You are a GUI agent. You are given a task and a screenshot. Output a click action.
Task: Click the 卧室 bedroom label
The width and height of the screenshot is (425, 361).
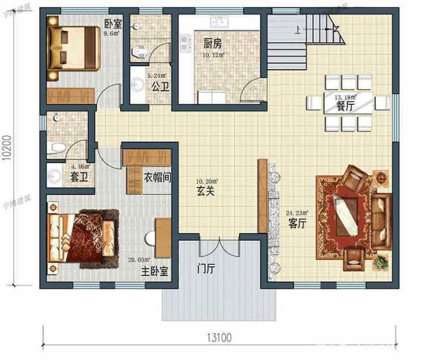pyautogui.click(x=112, y=25)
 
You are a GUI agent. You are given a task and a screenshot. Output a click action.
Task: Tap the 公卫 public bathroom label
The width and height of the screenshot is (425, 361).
pyautogui.click(x=159, y=86)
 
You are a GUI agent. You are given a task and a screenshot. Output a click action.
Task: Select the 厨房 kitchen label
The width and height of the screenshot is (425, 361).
pyautogui.click(x=212, y=44)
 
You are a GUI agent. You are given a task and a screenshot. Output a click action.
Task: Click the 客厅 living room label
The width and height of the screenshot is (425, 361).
pyautogui.click(x=297, y=224)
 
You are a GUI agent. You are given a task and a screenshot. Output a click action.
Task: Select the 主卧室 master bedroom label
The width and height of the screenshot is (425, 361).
pyautogui.click(x=153, y=272)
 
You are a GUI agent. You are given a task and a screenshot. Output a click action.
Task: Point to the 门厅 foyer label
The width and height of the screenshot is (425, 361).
pyautogui.click(x=205, y=269)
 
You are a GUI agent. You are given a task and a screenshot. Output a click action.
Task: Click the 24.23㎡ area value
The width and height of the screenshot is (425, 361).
pyautogui.click(x=296, y=213)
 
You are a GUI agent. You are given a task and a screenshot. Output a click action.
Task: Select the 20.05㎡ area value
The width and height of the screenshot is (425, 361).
pyautogui.click(x=143, y=261)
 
